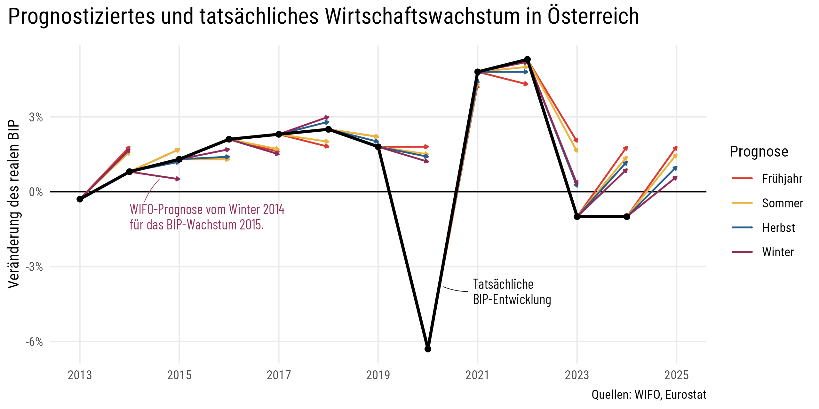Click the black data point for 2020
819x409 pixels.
pyautogui.click(x=428, y=349)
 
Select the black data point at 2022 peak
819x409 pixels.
pyautogui.click(x=528, y=59)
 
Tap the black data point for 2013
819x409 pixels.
pyautogui.click(x=80, y=199)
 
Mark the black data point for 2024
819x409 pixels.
pyautogui.click(x=627, y=217)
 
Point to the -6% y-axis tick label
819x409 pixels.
pyautogui.click(x=35, y=342)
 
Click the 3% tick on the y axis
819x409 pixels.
pyautogui.click(x=36, y=117)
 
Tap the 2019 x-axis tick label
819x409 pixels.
pyautogui.click(x=378, y=375)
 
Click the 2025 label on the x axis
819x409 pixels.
pyautogui.click(x=676, y=375)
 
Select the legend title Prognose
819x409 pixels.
pyautogui.click(x=759, y=151)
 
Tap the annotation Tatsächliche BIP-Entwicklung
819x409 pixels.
pyautogui.click(x=512, y=292)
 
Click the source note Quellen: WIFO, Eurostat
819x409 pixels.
pyautogui.click(x=649, y=395)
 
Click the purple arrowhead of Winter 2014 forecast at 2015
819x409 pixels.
pyautogui.click(x=178, y=179)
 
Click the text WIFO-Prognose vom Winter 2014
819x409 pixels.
pyautogui.click(x=207, y=210)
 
